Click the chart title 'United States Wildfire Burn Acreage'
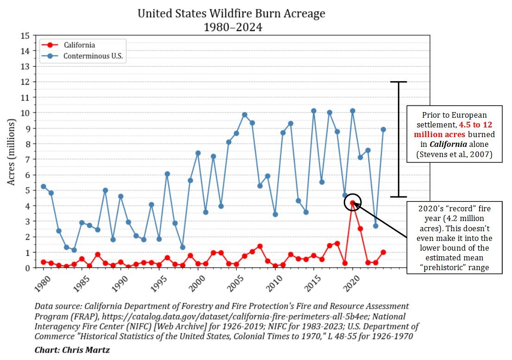[231, 13]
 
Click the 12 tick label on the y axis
[26, 82]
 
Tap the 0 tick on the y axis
[28, 268]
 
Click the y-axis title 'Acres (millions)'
[11, 152]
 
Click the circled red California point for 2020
[353, 202]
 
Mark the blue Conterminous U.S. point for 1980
[44, 186]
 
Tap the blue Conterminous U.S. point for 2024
[383, 129]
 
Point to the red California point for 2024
[383, 252]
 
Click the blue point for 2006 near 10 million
[245, 115]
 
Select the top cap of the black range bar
[398, 82]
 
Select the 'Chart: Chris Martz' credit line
[72, 349]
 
